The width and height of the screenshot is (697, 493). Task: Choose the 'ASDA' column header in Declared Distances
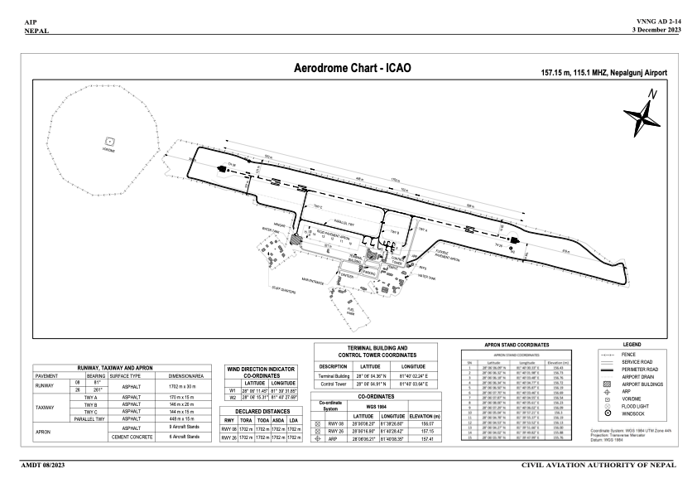pos(277,420)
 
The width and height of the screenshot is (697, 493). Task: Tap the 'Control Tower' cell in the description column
pos(333,384)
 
